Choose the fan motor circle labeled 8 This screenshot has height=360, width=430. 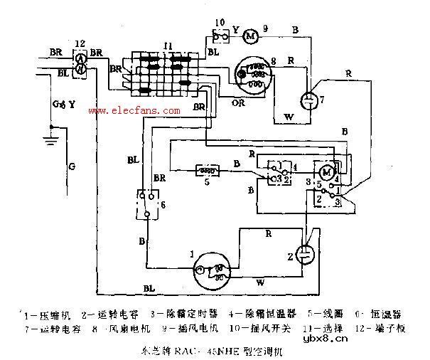click(254, 74)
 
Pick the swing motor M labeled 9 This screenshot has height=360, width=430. click(250, 35)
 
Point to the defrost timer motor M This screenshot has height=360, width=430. click(326, 173)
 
